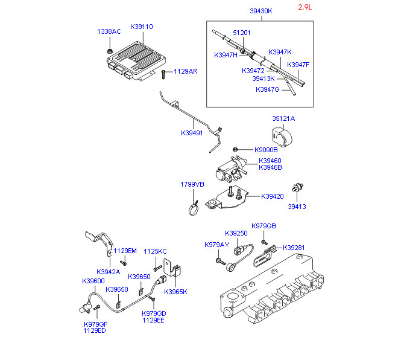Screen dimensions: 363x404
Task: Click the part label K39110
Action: (140, 27)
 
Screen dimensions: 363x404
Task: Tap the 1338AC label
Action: (109, 31)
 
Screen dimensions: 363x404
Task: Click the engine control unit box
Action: (130, 60)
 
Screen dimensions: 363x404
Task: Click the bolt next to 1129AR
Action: (164, 74)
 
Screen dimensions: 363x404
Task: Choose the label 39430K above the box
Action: (261, 11)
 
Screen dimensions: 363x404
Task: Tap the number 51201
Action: (241, 33)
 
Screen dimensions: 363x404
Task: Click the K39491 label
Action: (194, 133)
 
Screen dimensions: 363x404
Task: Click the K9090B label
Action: (266, 150)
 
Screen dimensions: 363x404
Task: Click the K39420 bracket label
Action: (273, 196)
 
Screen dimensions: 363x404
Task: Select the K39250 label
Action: (236, 233)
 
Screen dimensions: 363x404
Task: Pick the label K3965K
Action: (175, 292)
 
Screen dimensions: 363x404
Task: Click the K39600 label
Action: (93, 281)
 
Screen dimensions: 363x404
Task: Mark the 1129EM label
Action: (125, 251)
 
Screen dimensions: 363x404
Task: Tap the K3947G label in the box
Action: (268, 89)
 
